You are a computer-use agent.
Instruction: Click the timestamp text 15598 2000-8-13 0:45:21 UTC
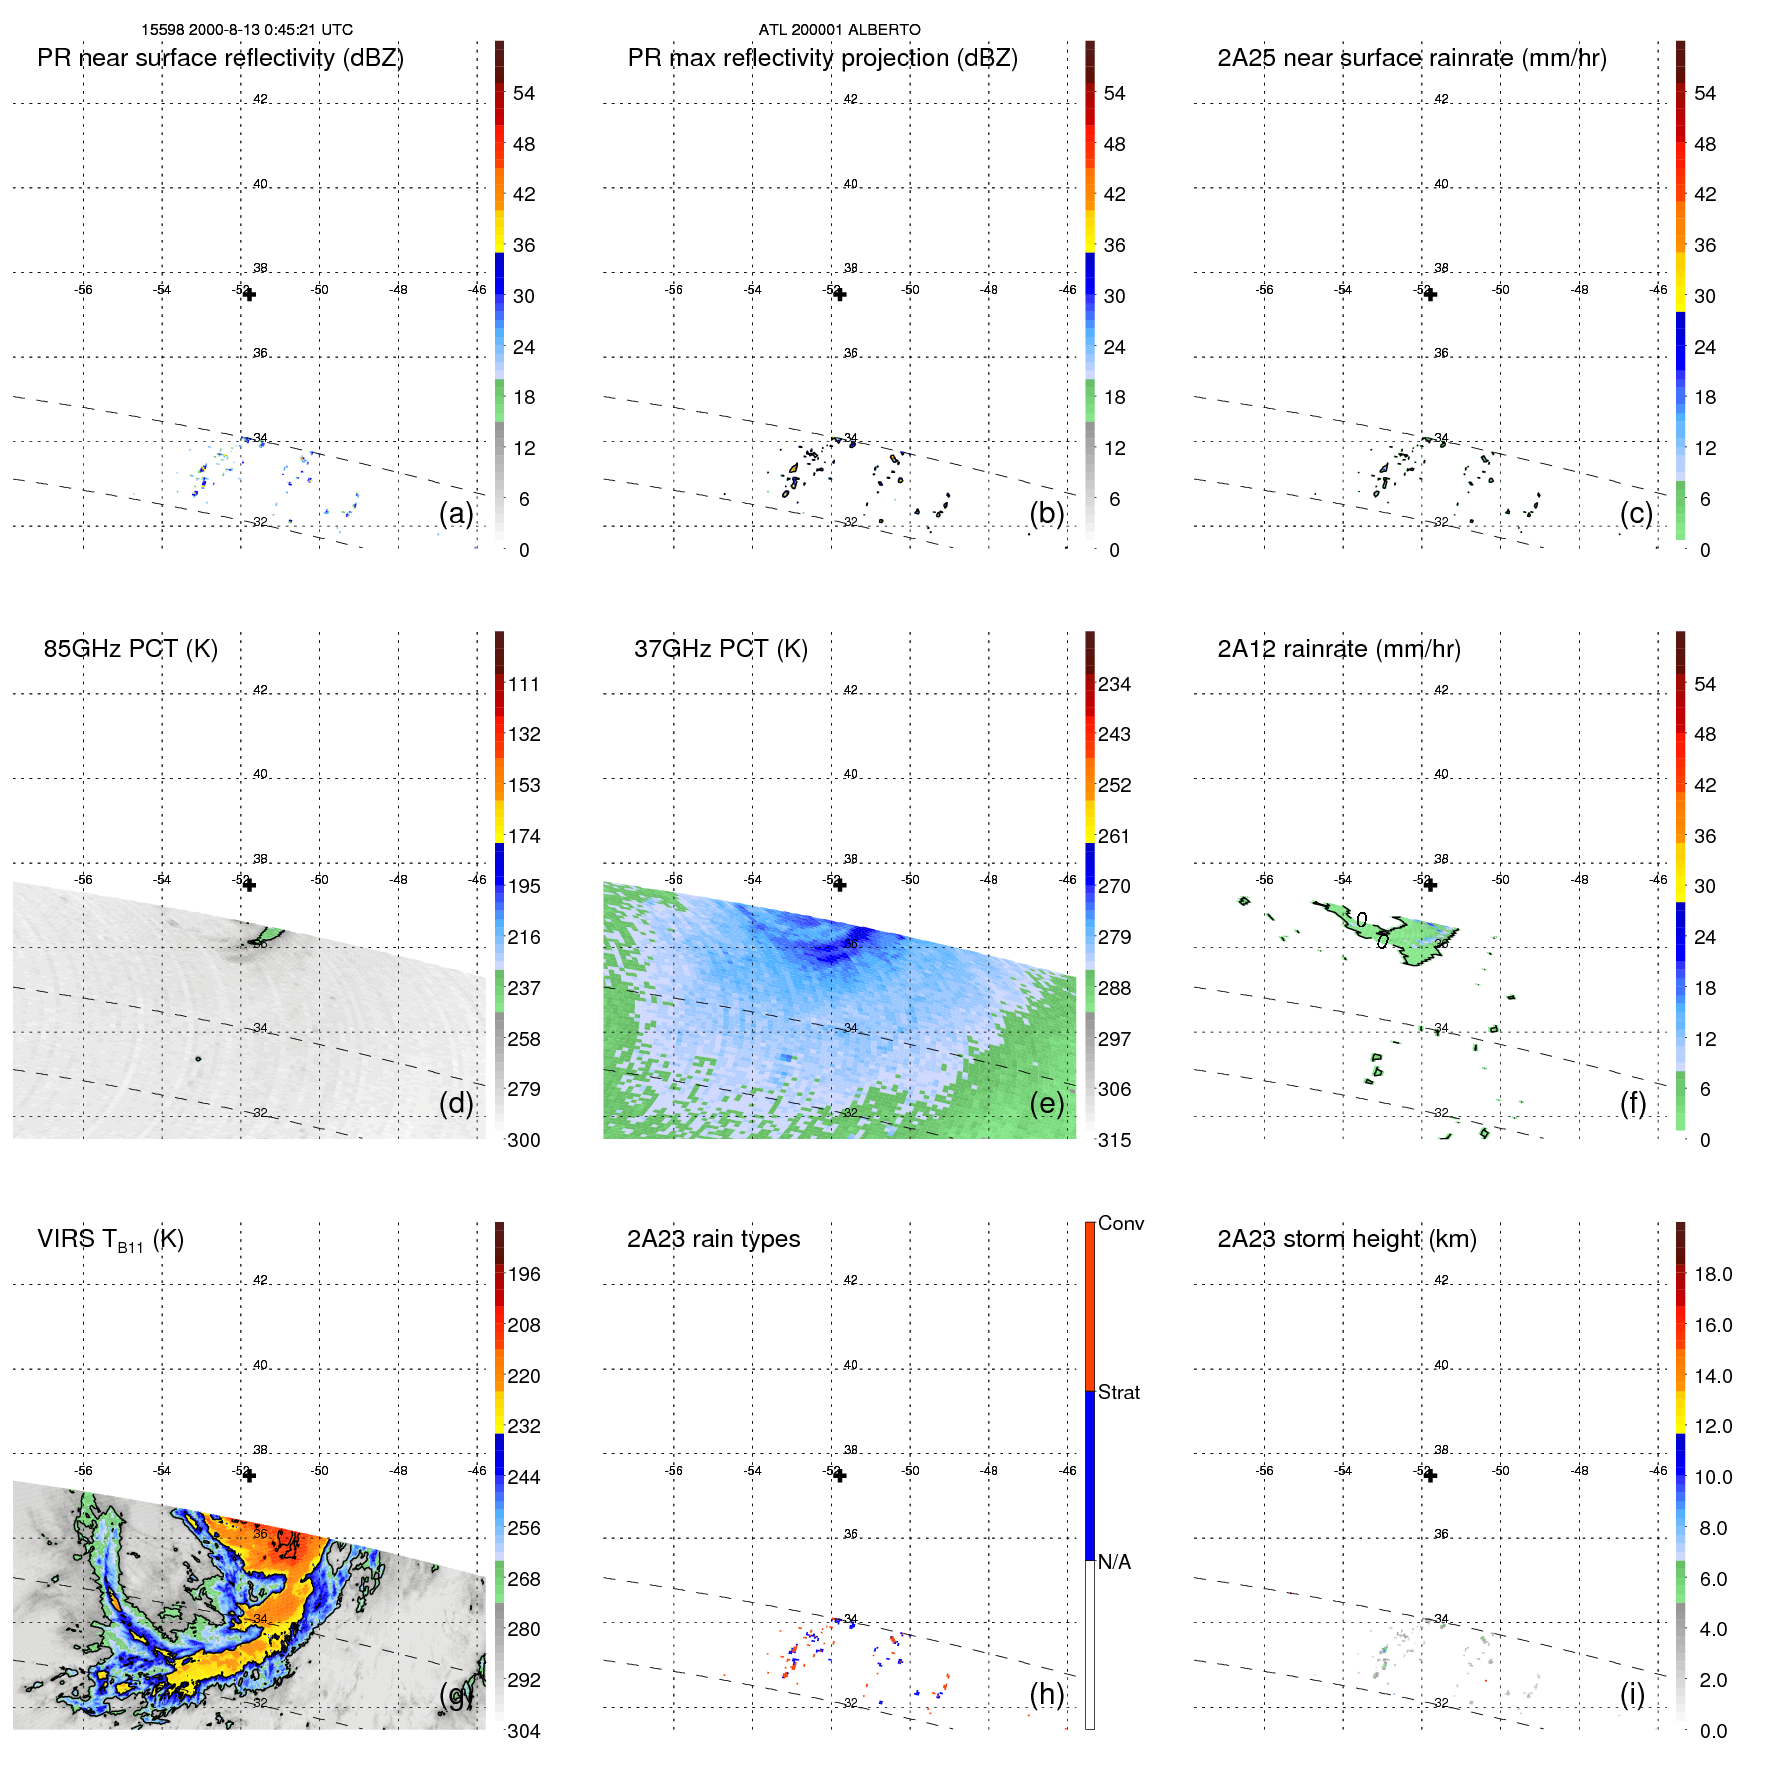pyautogui.click(x=246, y=30)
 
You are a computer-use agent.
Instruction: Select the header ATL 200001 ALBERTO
pyautogui.click(x=839, y=30)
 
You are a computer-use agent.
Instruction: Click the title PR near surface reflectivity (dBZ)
pyautogui.click(x=220, y=58)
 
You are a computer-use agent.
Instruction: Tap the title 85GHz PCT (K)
pyautogui.click(x=130, y=649)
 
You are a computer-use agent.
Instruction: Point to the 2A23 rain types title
pyautogui.click(x=713, y=1239)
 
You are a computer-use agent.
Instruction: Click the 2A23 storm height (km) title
pyautogui.click(x=1346, y=1239)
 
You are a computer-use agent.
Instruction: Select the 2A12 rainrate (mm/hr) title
pyautogui.click(x=1338, y=649)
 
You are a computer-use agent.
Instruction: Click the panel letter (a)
pyautogui.click(x=456, y=513)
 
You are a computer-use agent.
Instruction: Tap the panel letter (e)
pyautogui.click(x=1046, y=1103)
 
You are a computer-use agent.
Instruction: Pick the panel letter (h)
pyautogui.click(x=1046, y=1694)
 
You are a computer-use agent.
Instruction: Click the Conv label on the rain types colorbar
pyautogui.click(x=1120, y=1223)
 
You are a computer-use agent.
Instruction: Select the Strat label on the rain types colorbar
pyautogui.click(x=1118, y=1392)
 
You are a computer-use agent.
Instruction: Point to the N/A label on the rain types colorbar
pyautogui.click(x=1114, y=1562)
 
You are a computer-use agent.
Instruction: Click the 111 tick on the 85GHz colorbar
pyautogui.click(x=524, y=685)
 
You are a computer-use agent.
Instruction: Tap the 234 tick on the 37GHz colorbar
pyautogui.click(x=1114, y=685)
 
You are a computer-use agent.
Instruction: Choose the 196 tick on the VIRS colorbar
pyautogui.click(x=524, y=1275)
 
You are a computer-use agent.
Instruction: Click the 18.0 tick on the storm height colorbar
pyautogui.click(x=1712, y=1275)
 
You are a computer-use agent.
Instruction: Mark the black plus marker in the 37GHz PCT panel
pyautogui.click(x=840, y=885)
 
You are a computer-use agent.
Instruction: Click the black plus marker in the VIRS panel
pyautogui.click(x=250, y=1475)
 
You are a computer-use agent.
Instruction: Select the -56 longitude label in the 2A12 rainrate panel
pyautogui.click(x=1265, y=880)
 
